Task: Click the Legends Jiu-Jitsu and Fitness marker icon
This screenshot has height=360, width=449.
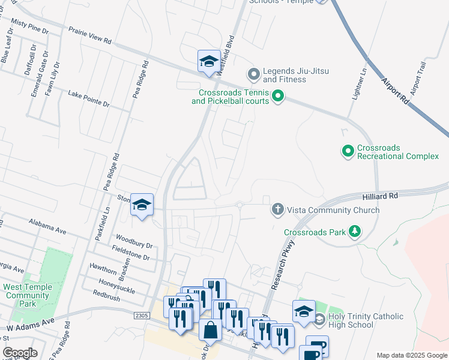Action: coord(253,75)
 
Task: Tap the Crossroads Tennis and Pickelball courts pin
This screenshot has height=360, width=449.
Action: coord(277,96)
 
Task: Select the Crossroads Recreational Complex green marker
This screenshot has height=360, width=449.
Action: coord(348,151)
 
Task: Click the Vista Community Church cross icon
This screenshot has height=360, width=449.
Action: coord(277,210)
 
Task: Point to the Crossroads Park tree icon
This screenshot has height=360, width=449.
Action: coord(355,231)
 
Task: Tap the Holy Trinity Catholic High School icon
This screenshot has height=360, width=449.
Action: coord(319,319)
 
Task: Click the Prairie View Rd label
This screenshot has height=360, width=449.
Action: coord(90,35)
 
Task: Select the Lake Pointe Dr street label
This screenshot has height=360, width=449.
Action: coord(88,99)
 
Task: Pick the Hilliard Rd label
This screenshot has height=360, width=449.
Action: coord(380,196)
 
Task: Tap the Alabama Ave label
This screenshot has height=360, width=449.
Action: coord(47,226)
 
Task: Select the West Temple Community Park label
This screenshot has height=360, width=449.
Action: coord(28,295)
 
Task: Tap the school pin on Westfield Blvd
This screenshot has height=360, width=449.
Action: coord(209,61)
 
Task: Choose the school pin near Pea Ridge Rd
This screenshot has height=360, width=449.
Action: coord(142,205)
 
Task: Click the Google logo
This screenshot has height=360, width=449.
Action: coord(19,353)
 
